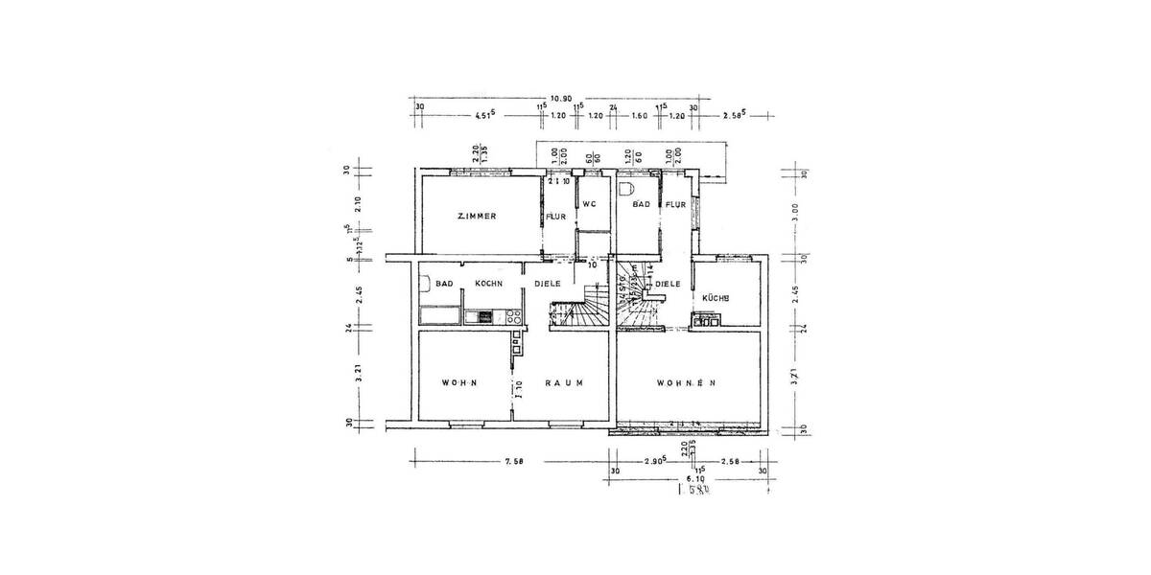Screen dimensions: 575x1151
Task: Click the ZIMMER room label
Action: [x=476, y=217]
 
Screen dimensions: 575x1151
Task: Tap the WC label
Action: [x=589, y=203]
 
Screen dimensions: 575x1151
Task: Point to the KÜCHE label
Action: [x=716, y=298]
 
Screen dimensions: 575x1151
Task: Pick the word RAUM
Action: [x=564, y=382]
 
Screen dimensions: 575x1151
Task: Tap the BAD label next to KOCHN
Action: [x=443, y=284]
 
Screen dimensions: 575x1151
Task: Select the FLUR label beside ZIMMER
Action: [x=557, y=218]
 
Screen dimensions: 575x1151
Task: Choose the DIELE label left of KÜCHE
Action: [x=669, y=284]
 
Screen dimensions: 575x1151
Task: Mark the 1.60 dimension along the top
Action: [x=641, y=116]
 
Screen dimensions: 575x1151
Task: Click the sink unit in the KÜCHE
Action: [x=709, y=321]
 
